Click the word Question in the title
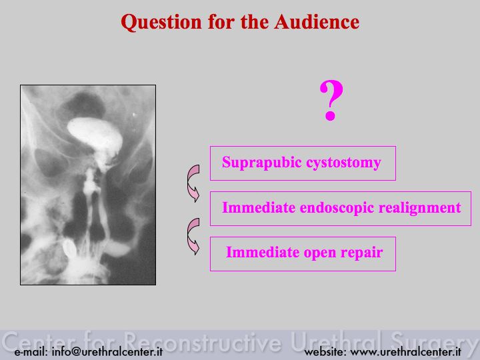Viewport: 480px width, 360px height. (161, 23)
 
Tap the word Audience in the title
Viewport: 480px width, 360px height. (317, 22)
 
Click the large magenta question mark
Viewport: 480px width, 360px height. (331, 100)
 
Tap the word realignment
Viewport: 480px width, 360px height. (420, 208)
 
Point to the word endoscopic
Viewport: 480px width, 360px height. (337, 208)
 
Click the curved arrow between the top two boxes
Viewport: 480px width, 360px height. (193, 183)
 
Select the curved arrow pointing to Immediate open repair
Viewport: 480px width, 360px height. (193, 237)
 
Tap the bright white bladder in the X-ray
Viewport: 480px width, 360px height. (95, 134)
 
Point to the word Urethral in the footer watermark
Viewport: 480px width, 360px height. (337, 341)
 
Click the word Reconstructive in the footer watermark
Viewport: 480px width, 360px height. (203, 341)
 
